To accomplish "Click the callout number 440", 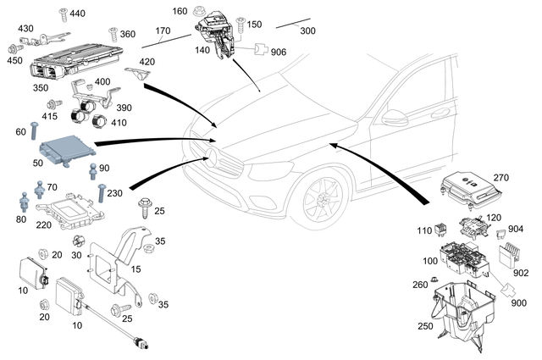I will [77, 14].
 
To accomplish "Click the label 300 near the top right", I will [307, 30].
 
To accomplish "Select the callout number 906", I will [279, 53].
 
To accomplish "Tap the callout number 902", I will [521, 273].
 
